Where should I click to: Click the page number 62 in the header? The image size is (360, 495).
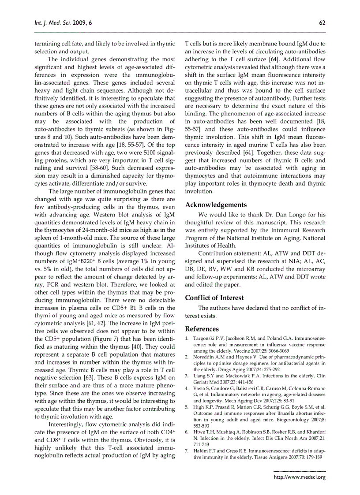coord(322,23)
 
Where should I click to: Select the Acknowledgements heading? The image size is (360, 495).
coord(216,205)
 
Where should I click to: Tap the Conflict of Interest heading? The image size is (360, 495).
coord(214,298)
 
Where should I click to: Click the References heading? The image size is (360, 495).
coord(202,329)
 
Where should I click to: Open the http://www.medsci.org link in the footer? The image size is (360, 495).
coord(300,477)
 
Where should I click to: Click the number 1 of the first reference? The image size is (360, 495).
coord(187,338)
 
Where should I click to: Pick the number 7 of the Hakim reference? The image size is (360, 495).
coord(187,451)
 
